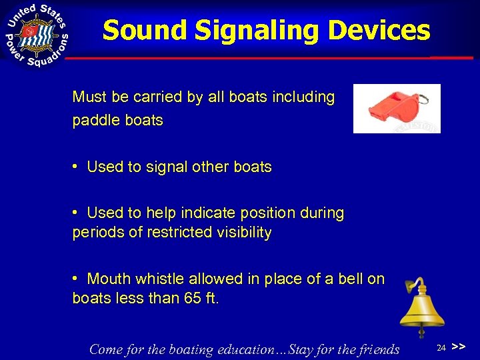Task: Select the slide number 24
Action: [x=441, y=348]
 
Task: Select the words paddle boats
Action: [x=117, y=121]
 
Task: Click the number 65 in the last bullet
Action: [x=190, y=299]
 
